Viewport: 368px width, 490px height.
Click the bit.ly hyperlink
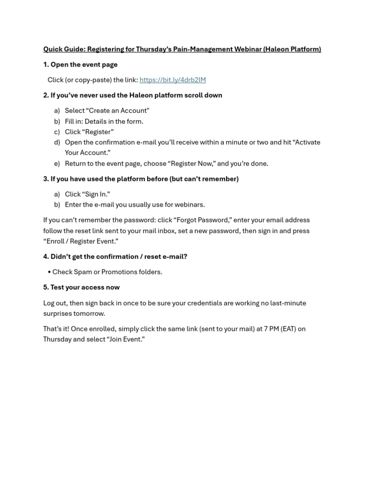coord(172,80)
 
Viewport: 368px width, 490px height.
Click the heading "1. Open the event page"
coord(80,65)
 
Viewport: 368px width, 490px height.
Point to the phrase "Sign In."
coord(96,194)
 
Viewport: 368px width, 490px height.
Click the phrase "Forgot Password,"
coord(203,220)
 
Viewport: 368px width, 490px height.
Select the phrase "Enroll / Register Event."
coord(80,241)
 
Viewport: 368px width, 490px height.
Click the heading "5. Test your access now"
coord(81,288)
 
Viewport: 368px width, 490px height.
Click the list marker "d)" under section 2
coord(57,142)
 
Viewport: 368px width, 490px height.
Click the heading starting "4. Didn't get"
coord(115,256)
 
